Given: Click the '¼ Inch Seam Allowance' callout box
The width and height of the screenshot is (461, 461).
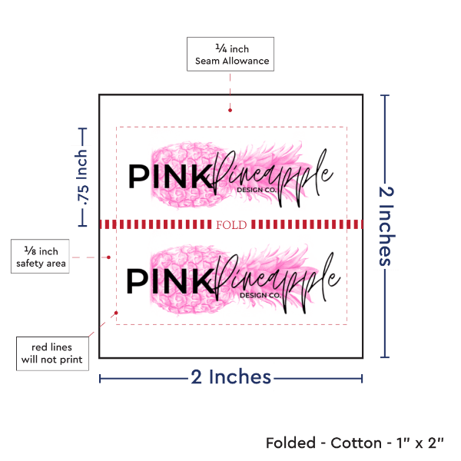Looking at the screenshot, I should [230, 55].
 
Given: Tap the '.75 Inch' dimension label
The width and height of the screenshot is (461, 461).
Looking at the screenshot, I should [82, 177].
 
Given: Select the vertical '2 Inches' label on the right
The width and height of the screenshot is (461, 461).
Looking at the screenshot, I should [386, 225].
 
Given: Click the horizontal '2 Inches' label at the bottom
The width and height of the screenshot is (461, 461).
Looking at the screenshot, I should [230, 376].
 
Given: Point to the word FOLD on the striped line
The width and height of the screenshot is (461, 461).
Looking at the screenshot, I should [231, 224].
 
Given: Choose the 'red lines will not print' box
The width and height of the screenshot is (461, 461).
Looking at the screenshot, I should [53, 352].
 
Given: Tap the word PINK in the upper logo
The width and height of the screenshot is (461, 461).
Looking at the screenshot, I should [168, 177].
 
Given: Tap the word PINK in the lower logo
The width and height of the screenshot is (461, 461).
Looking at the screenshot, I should [168, 280].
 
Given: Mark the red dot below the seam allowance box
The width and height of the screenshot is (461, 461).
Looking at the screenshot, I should [230, 110].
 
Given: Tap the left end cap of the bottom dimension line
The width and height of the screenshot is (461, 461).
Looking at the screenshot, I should [101, 377].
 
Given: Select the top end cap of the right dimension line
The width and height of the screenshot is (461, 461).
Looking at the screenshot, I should [386, 95].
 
